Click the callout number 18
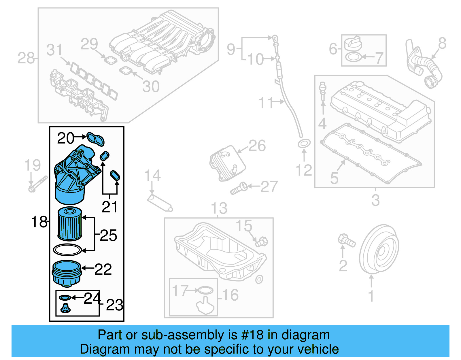pyautogui.click(x=39, y=222)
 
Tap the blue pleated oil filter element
pyautogui.click(x=70, y=224)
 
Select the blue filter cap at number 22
pyautogui.click(x=67, y=273)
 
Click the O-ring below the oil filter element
pyautogui.click(x=67, y=250)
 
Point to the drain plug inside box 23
pyautogui.click(x=65, y=308)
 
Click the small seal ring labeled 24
pyautogui.click(x=65, y=298)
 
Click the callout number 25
pyautogui.click(x=108, y=235)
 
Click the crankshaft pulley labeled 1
pyautogui.click(x=379, y=249)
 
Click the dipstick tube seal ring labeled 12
pyautogui.click(x=304, y=144)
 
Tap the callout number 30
pyautogui.click(x=151, y=86)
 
